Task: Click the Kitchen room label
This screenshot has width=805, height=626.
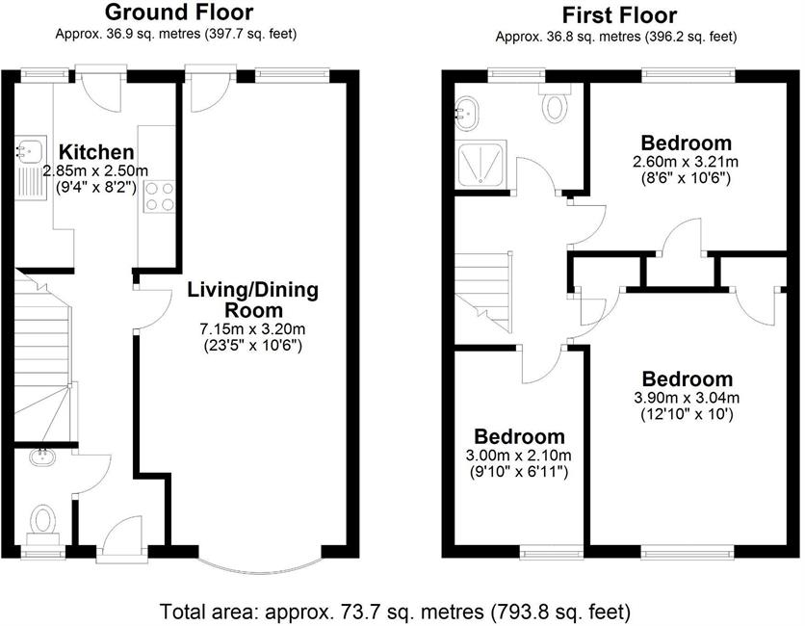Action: pyautogui.click(x=96, y=152)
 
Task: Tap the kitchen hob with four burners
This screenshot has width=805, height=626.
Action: pyautogui.click(x=160, y=196)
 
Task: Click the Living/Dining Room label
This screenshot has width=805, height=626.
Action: pyautogui.click(x=253, y=300)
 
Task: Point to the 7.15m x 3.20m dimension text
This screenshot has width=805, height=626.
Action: pyautogui.click(x=253, y=328)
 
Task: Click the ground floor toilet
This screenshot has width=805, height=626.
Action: pyautogui.click(x=43, y=524)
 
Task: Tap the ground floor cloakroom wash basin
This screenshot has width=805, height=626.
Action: pyautogui.click(x=42, y=456)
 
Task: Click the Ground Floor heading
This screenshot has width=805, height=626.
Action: pyautogui.click(x=179, y=12)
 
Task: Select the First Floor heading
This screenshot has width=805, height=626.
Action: pyautogui.click(x=620, y=14)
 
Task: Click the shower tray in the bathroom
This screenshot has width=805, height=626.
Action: pyautogui.click(x=481, y=165)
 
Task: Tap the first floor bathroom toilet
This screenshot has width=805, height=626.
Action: pyautogui.click(x=555, y=103)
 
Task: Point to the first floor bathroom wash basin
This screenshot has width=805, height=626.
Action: pyautogui.click(x=467, y=114)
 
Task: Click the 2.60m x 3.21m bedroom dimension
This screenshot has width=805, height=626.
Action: pyautogui.click(x=686, y=162)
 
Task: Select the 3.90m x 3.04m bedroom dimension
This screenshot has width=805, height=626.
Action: pyautogui.click(x=687, y=398)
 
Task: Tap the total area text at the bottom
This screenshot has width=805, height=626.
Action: pyautogui.click(x=396, y=613)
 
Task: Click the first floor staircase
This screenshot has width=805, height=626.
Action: pyautogui.click(x=483, y=292)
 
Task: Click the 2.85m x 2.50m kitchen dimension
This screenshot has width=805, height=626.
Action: pyautogui.click(x=96, y=170)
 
